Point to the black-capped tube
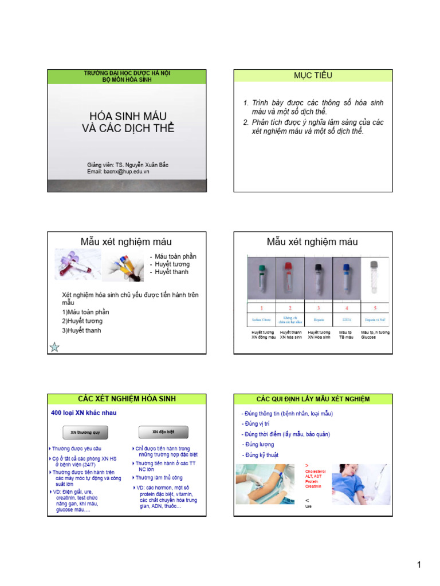(x=317, y=277)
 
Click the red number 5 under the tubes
(x=375, y=308)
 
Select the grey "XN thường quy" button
(x=85, y=432)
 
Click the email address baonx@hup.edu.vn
(x=118, y=171)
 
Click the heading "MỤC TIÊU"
(x=312, y=76)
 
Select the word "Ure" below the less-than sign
(x=309, y=506)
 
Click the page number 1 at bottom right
(x=419, y=565)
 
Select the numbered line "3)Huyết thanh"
(x=81, y=331)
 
